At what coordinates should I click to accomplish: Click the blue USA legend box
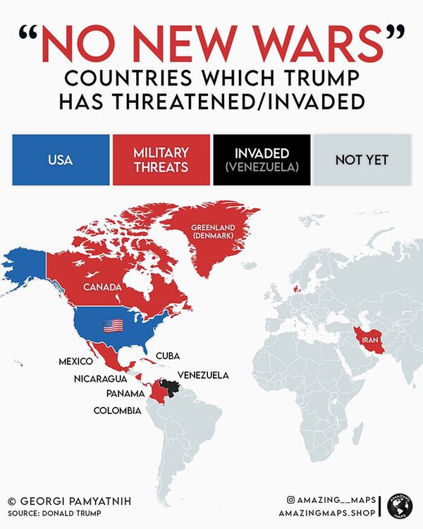tap(60, 160)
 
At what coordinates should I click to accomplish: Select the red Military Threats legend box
tap(161, 160)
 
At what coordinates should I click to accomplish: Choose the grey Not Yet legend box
tap(362, 160)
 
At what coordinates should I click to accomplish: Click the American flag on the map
tap(113, 326)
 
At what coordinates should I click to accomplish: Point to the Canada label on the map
tap(103, 288)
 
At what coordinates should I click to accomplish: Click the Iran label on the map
tap(371, 341)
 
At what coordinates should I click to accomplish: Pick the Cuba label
tap(167, 355)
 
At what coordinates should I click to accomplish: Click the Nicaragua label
tap(100, 379)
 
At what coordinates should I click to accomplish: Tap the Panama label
tap(125, 393)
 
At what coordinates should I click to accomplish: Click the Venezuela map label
tap(203, 375)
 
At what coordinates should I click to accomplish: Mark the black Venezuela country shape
tap(169, 387)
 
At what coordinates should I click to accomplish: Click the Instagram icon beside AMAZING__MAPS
tap(290, 499)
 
